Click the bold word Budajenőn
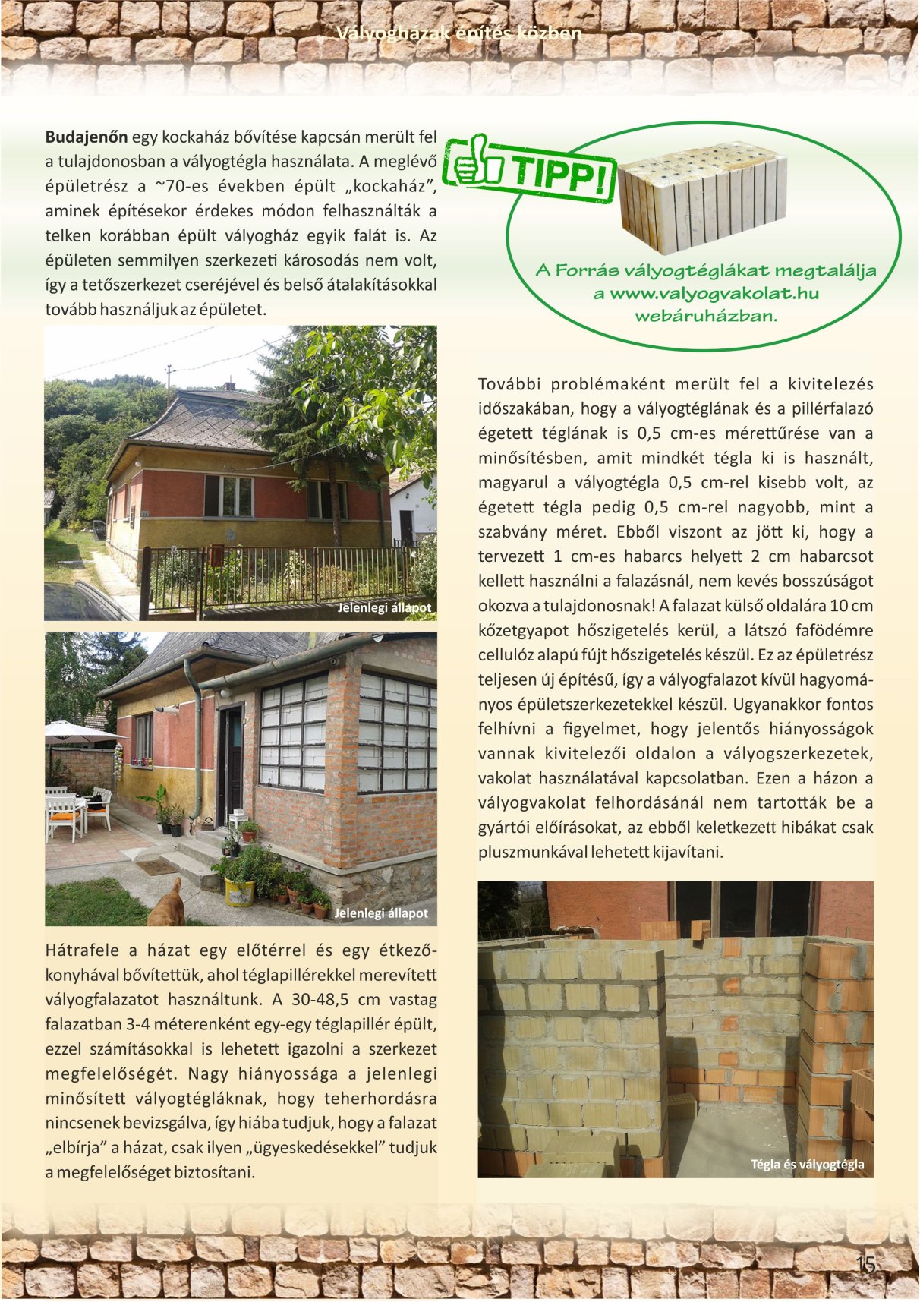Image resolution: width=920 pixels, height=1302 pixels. coord(87,137)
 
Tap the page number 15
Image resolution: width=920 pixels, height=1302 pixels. coord(865,1264)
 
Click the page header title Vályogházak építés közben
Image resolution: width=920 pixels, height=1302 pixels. coord(459,33)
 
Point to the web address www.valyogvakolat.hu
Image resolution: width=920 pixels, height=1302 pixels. coord(714,294)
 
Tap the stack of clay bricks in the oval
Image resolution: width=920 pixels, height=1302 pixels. coord(703,196)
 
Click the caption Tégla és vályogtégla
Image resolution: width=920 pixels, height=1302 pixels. coord(807,1165)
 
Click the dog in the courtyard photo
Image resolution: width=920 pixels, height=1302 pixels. coord(168,903)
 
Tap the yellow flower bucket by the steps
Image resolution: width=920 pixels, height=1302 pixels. coord(240,892)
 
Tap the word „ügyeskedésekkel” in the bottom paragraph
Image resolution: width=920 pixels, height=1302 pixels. coord(319,1147)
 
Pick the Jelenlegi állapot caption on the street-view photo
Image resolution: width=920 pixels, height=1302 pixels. coord(384,608)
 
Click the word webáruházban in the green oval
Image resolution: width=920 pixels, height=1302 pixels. coord(706,316)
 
